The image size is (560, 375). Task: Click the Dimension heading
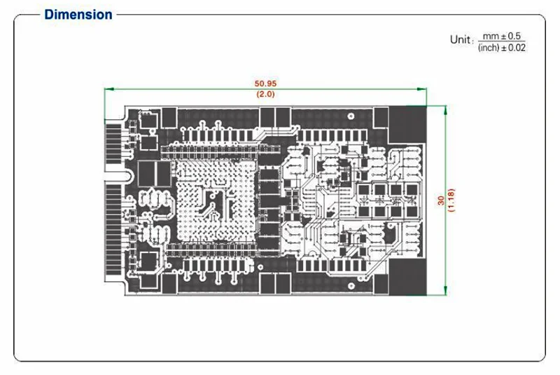pos(78,14)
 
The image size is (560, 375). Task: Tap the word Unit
pos(461,40)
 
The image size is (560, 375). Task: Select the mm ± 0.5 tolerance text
pos(503,36)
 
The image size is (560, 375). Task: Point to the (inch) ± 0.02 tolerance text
pos(501,47)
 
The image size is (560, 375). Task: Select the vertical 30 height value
pos(440,200)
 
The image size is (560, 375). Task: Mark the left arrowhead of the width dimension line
pos(106,89)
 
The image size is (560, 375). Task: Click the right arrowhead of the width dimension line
pos(423,89)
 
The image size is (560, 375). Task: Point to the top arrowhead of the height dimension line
pos(445,107)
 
